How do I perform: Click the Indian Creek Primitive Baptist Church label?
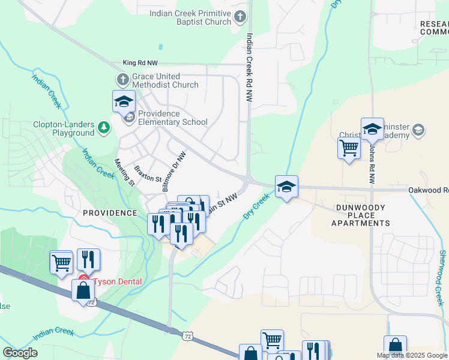pyautogui.click(x=190, y=17)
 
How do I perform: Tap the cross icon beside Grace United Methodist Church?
pyautogui.click(x=122, y=79)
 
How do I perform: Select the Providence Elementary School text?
pyautogui.click(x=173, y=118)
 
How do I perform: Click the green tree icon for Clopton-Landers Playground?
pyautogui.click(x=104, y=128)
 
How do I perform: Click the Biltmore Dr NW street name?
pyautogui.click(x=174, y=172)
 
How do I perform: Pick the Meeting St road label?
pyautogui.click(x=124, y=173)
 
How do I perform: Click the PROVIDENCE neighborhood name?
pyautogui.click(x=110, y=213)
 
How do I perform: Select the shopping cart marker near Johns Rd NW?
pyautogui.click(x=349, y=148)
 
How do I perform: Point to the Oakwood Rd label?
pyautogui.click(x=428, y=190)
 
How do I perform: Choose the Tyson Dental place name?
pyautogui.click(x=117, y=281)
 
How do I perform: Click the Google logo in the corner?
pyautogui.click(x=20, y=352)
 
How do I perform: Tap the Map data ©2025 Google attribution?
pyautogui.click(x=412, y=355)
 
